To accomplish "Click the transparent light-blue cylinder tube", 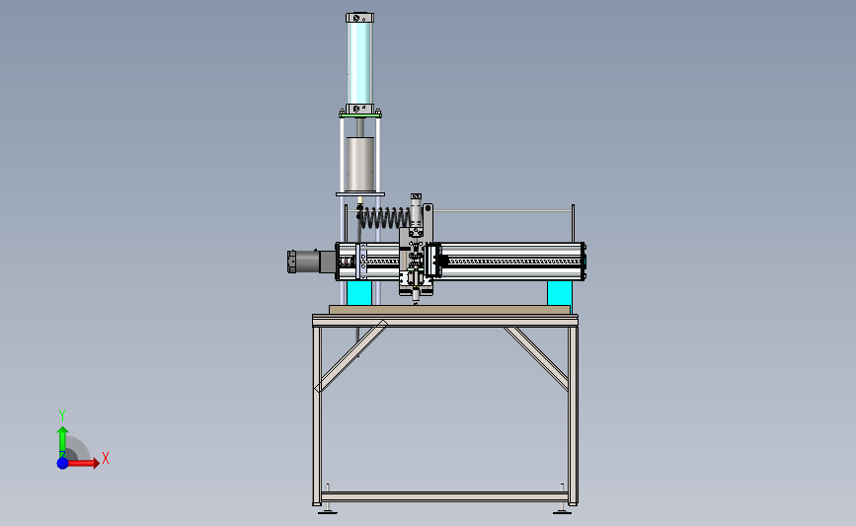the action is pos(359,63).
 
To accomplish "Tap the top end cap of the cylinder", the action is pos(359,18).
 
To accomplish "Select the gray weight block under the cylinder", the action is pos(359,164).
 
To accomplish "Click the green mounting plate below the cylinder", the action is pos(360,115).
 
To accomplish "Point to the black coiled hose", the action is pos(384,217).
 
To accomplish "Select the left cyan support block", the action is pos(359,293).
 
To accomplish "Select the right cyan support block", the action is pos(560,293).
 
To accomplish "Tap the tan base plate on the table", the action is pos(449,310).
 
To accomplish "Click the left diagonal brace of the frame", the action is pos(351,356).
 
